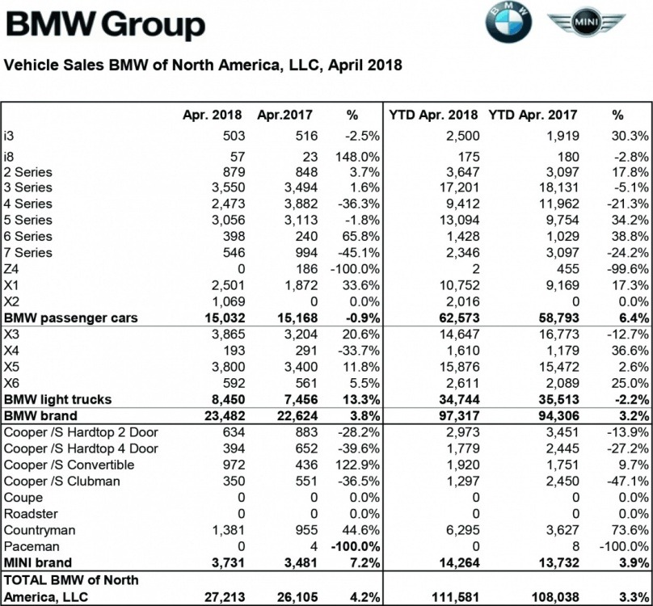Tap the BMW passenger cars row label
tap(70, 318)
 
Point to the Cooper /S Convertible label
tap(69, 465)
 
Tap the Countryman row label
tap(40, 529)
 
